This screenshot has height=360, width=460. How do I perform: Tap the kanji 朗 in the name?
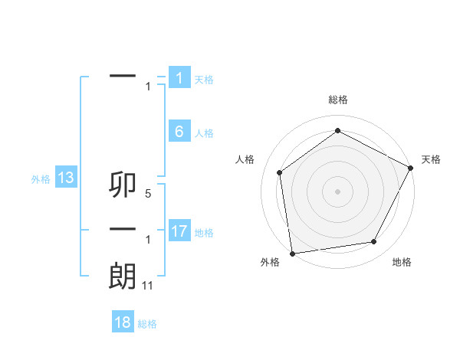point(123,277)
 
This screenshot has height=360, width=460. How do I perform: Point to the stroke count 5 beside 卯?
point(147,195)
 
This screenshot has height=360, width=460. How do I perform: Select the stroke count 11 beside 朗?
point(148,286)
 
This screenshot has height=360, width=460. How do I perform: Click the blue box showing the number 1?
point(179,78)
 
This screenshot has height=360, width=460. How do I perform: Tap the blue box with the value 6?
point(179,132)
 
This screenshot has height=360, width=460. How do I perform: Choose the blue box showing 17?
point(179,231)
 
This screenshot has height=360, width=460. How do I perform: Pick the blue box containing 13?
point(66,178)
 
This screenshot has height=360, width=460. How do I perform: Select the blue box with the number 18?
point(123,322)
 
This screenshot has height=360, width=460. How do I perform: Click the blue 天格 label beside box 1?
point(204,80)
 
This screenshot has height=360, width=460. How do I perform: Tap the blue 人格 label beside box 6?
point(204,133)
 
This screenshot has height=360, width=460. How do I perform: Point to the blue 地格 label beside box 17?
point(204,232)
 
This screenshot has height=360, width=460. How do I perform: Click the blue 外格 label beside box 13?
point(41,180)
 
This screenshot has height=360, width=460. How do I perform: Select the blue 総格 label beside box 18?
point(147,324)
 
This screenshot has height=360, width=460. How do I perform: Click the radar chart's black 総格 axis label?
point(338,100)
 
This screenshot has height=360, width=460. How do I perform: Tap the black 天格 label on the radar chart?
point(431,159)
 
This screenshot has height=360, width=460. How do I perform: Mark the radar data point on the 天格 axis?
point(411,168)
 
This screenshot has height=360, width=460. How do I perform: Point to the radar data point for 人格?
point(279,172)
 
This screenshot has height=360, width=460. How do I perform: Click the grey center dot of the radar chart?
point(337,191)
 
